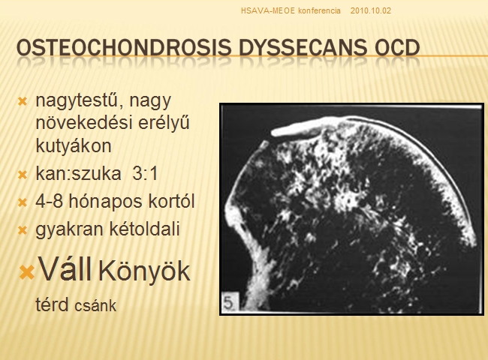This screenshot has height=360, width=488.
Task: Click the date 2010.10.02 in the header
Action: (370, 11)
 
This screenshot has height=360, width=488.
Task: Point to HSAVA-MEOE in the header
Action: (268, 11)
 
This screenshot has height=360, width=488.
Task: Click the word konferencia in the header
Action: (319, 11)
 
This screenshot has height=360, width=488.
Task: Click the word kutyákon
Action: (74, 145)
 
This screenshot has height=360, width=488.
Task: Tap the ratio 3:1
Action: (146, 173)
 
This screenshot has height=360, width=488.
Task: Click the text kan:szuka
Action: (78, 173)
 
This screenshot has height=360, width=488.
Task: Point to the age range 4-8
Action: (50, 202)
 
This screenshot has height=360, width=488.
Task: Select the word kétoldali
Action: (144, 229)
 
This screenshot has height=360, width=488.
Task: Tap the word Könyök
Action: (144, 271)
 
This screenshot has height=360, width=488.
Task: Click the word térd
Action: (52, 304)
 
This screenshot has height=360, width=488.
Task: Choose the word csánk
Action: (95, 306)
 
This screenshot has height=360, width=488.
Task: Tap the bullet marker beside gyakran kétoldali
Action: (23, 231)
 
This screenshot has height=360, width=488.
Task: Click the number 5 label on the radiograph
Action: (230, 302)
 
